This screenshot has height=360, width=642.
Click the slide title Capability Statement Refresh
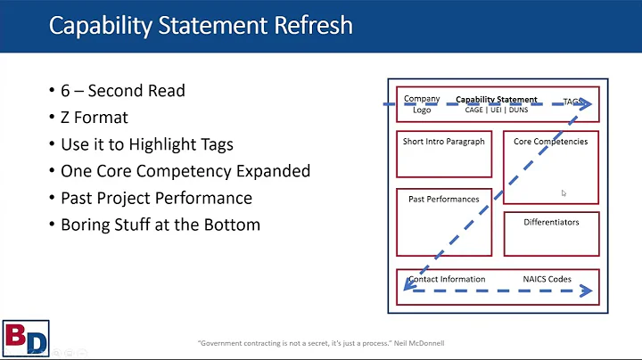[200, 25]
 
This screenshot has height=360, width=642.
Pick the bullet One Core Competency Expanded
[185, 172]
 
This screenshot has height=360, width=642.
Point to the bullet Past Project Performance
[156, 198]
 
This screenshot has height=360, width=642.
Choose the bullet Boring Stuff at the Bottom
[160, 224]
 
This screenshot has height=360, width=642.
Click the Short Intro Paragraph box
[443, 154]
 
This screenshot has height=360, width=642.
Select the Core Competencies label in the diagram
[550, 142]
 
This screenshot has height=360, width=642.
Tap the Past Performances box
[443, 222]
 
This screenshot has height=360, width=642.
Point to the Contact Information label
[447, 279]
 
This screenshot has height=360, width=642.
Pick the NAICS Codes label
[547, 279]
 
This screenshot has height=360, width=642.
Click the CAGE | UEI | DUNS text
[497, 110]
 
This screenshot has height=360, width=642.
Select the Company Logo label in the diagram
[422, 104]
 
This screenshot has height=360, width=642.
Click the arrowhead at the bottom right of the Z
[586, 290]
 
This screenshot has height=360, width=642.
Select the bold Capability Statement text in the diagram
[497, 100]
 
